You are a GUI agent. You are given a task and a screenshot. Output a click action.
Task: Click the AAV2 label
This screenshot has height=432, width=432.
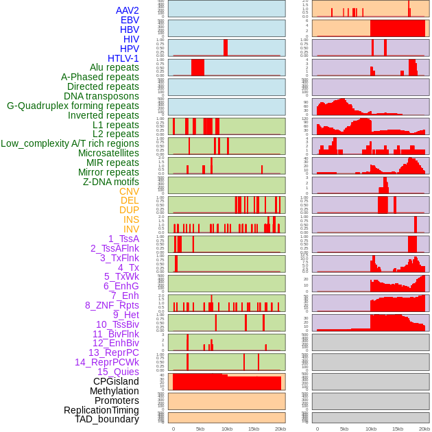[x=128, y=10]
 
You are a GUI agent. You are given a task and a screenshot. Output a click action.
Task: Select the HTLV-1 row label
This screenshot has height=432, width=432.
[x=123, y=58]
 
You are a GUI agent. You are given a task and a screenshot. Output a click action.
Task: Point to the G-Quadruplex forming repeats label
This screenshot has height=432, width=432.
[x=73, y=106]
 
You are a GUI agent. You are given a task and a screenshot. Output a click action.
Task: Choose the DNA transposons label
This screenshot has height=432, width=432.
[x=101, y=96]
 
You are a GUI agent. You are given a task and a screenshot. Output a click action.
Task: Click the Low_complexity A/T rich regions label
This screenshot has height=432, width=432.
[x=70, y=143]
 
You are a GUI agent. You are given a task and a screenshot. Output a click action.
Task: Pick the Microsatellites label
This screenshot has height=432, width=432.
[x=108, y=153]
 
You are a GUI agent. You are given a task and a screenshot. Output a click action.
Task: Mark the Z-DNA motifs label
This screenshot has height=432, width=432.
[x=111, y=182]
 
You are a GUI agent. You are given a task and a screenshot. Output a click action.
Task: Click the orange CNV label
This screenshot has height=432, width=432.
[x=129, y=191]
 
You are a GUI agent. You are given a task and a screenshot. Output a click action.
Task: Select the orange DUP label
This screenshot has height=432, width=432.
[x=129, y=210]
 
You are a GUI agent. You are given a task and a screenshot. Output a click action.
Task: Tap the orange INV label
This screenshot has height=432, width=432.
[x=131, y=229]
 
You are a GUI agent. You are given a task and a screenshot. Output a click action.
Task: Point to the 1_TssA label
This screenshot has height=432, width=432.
[x=123, y=239]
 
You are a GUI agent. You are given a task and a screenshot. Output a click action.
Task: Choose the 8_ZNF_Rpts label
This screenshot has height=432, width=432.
[x=112, y=305]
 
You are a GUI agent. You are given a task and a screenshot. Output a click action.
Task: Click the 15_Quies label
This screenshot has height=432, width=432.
[x=118, y=372]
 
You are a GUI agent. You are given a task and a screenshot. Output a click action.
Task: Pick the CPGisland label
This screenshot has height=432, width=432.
[x=116, y=381]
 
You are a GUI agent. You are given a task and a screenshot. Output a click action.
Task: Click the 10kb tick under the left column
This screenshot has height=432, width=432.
[x=226, y=429]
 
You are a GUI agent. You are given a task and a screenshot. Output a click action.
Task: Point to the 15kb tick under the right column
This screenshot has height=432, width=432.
[x=398, y=429]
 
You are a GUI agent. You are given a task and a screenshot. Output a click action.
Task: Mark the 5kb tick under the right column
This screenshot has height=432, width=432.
[x=344, y=429]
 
